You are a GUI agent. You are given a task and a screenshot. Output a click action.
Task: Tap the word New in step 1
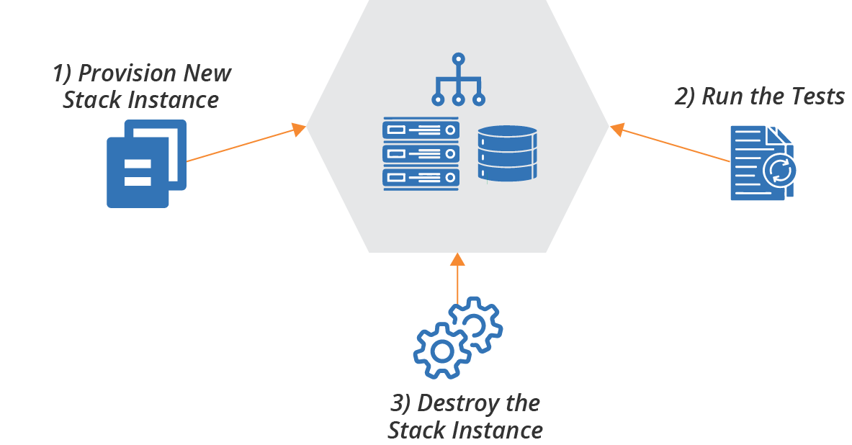[207, 73]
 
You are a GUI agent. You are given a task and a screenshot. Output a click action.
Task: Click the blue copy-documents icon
[146, 163]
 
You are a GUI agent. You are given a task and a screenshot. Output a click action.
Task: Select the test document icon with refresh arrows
[763, 163]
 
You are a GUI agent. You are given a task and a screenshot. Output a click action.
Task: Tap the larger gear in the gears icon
[441, 350]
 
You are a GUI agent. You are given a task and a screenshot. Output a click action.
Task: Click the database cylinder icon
[507, 153]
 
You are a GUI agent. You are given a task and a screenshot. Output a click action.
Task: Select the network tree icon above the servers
[458, 81]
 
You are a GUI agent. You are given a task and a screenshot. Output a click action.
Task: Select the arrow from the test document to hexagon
[671, 144]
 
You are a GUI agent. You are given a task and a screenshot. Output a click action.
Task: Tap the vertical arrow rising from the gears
[457, 278]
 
